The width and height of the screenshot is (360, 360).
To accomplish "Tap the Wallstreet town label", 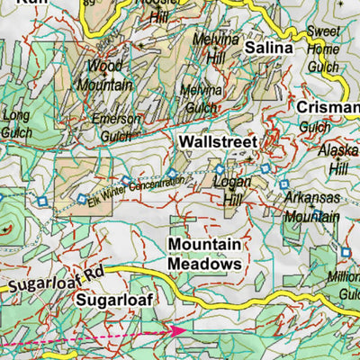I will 218,142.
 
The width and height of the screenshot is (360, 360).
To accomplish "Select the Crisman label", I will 328,108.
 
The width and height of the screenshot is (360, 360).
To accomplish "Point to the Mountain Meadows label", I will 205,255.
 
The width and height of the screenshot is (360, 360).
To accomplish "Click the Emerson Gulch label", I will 118,126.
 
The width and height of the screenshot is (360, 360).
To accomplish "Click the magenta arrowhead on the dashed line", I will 179,330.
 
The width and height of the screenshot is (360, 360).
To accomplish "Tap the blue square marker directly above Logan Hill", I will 219,168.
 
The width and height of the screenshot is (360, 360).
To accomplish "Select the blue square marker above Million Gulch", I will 345,252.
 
